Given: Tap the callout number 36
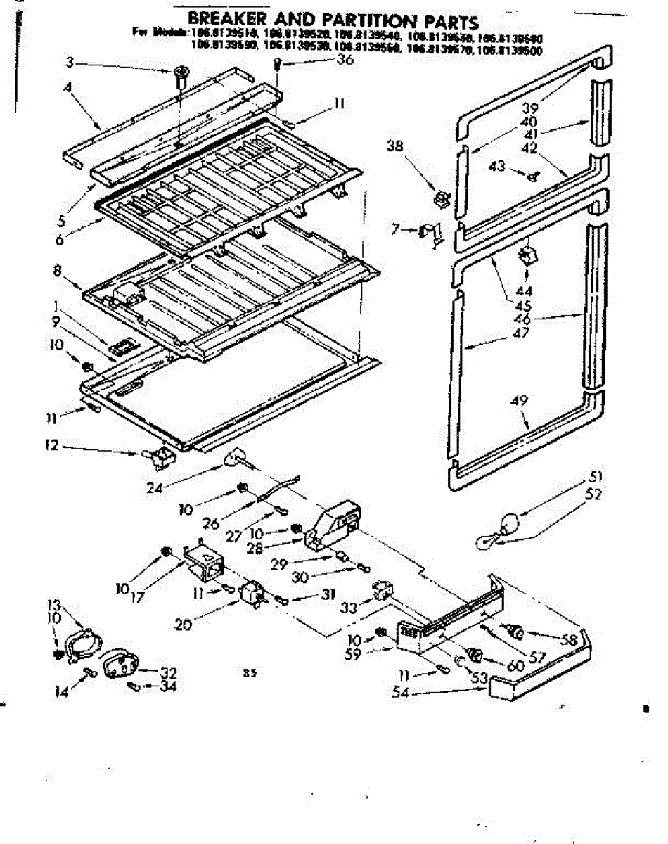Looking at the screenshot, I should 345,60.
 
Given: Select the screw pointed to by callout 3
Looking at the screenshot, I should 180,72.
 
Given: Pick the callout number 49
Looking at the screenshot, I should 520,401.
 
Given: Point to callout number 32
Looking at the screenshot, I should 168,671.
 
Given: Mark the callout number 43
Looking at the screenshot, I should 497,166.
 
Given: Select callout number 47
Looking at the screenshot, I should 521,333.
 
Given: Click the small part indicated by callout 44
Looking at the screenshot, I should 525,255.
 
